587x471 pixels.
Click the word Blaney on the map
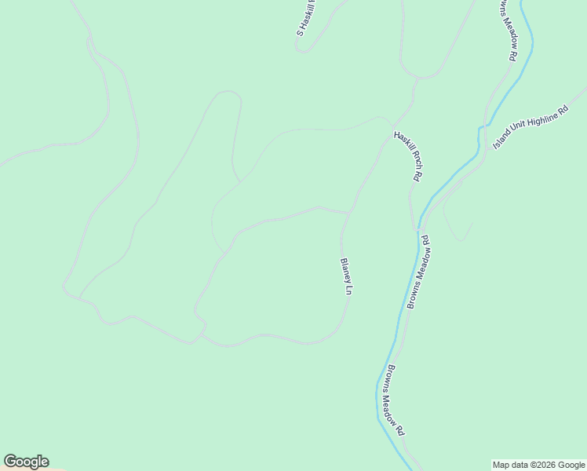pyautogui.click(x=345, y=270)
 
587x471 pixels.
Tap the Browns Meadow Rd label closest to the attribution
pyautogui.click(x=394, y=400)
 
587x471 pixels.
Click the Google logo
pyautogui.click(x=26, y=462)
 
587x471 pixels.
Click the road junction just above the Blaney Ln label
pyautogui.click(x=349, y=212)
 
